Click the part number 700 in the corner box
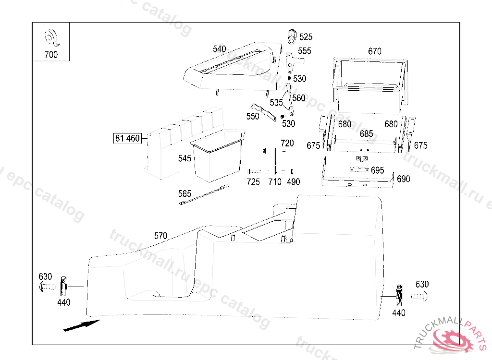tap(51, 55)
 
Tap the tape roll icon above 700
tap(50, 36)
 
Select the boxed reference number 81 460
tap(127, 139)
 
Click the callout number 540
tap(220, 49)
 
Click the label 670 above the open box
tap(375, 51)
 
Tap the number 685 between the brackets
tap(367, 134)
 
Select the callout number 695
tap(377, 170)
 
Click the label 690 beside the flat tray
tap(404, 179)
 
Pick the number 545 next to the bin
tap(184, 158)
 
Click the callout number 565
tap(185, 194)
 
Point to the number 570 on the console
tap(160, 236)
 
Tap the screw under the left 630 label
tap(46, 288)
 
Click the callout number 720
tap(287, 143)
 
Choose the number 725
tap(253, 182)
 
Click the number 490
tap(293, 182)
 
